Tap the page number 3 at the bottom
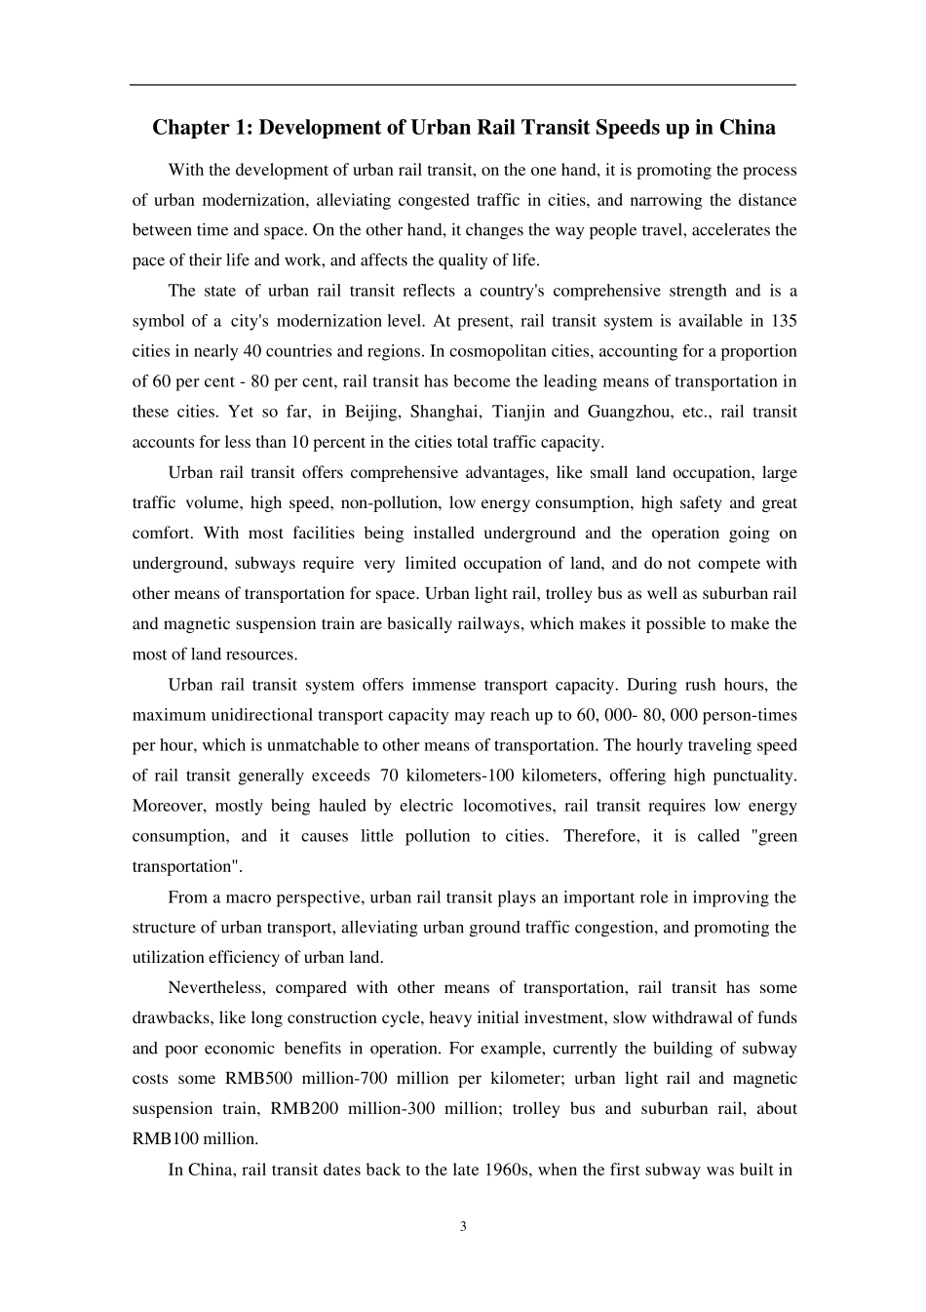pos(463,1226)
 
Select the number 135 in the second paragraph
pos(784,321)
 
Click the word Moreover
pos(167,806)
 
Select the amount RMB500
pos(258,1079)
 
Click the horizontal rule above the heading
pos(463,85)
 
